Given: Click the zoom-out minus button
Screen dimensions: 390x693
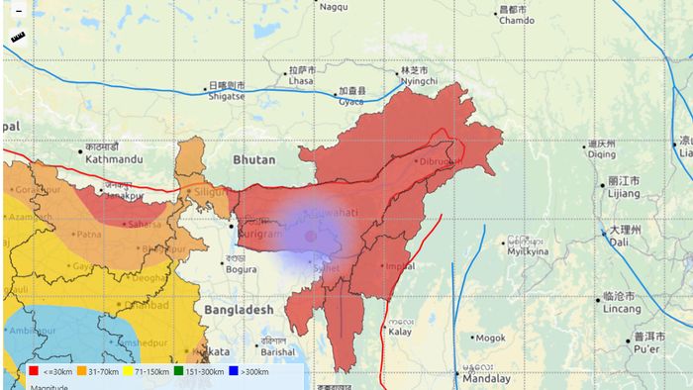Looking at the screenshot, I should (18, 11).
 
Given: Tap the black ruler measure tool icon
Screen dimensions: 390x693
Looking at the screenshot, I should (18, 38).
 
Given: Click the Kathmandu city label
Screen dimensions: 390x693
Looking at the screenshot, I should (113, 158).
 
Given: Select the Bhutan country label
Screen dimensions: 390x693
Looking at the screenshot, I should (255, 159).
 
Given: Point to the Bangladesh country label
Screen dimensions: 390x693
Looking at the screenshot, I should (239, 310).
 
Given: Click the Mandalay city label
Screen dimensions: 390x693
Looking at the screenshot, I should (486, 378).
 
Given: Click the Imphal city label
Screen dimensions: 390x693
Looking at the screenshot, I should (400, 266).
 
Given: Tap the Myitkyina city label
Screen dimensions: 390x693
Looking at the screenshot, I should (528, 251).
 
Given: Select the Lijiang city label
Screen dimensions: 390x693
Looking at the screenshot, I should (624, 194).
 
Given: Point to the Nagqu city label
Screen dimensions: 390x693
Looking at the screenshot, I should (334, 7).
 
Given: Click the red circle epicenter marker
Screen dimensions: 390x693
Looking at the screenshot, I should (310, 237).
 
